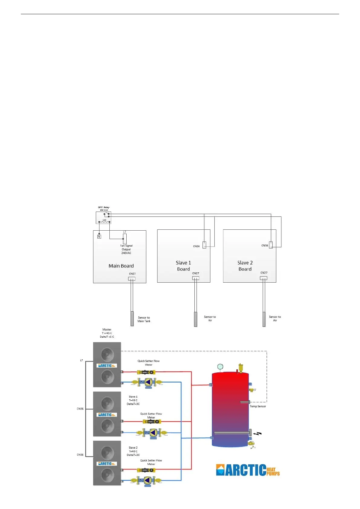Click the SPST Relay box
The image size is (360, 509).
click(x=103, y=218)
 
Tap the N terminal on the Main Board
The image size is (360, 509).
click(x=99, y=236)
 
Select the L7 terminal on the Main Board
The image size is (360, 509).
click(x=125, y=238)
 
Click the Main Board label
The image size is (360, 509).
click(x=121, y=266)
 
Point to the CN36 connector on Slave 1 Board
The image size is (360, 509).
click(x=204, y=245)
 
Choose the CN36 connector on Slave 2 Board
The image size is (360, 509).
click(x=271, y=245)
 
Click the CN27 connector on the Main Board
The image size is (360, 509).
click(x=132, y=278)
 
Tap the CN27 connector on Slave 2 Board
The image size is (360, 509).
click(x=264, y=278)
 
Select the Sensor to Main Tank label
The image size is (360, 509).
click(x=144, y=319)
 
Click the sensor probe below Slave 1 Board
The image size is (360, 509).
click(x=196, y=319)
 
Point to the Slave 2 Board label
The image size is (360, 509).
click(x=245, y=266)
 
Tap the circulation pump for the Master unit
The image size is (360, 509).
click(x=148, y=383)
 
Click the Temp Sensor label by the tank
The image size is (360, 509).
click(x=258, y=406)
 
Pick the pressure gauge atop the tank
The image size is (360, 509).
click(x=220, y=367)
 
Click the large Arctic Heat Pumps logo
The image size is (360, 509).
click(x=248, y=470)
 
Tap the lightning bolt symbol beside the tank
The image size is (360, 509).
click(x=258, y=434)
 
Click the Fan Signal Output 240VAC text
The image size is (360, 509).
click(x=126, y=249)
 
